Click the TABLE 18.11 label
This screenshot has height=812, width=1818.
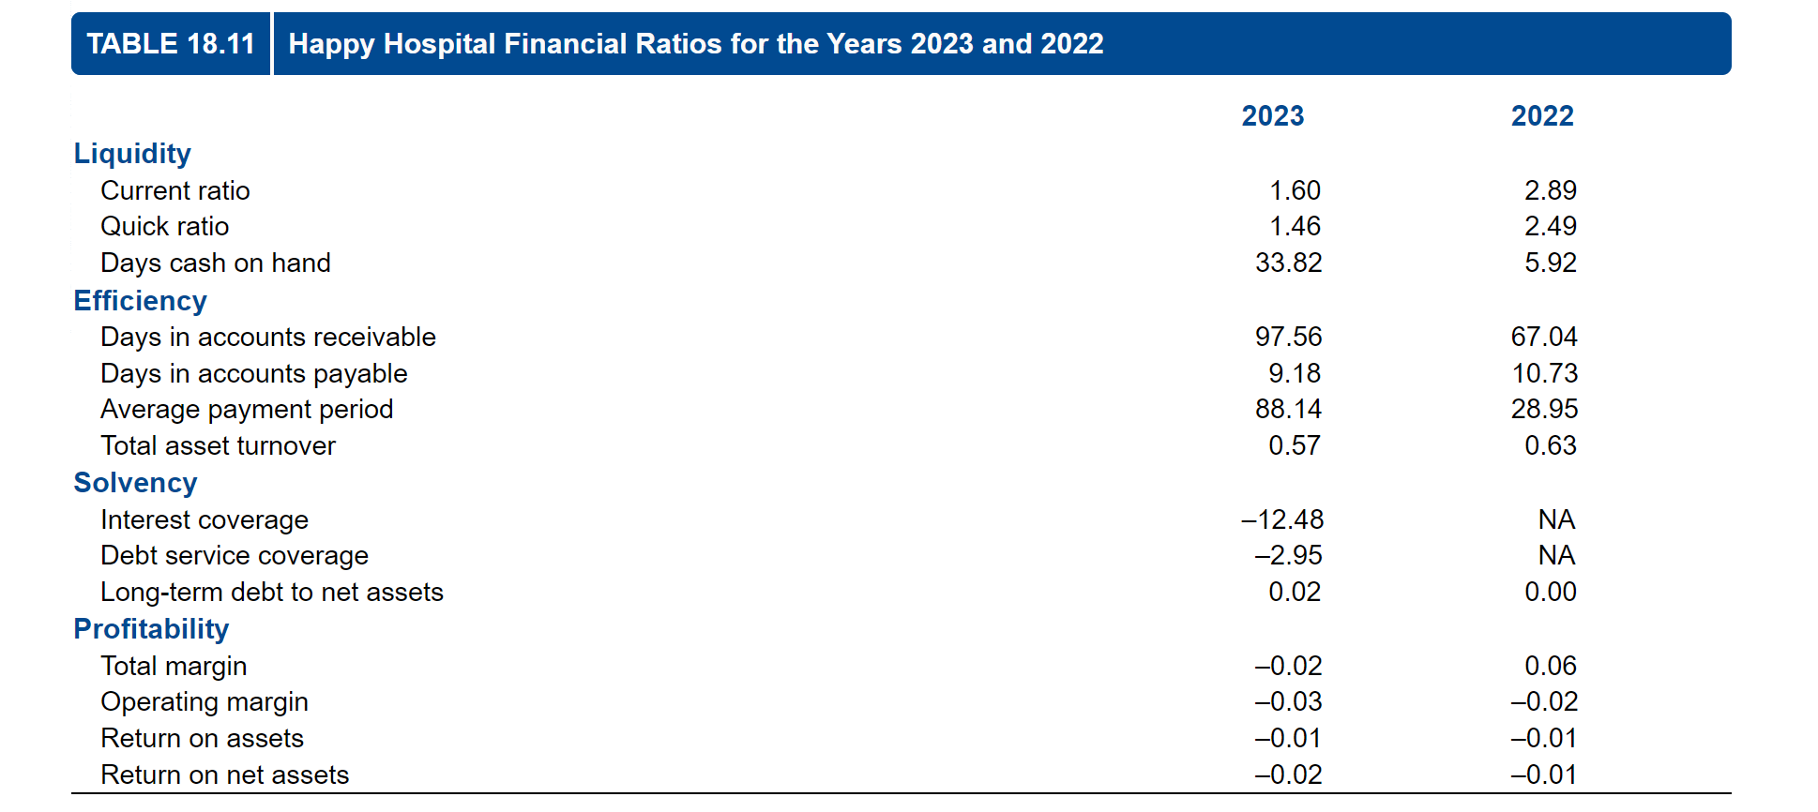click(x=171, y=44)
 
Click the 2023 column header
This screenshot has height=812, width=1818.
click(x=1272, y=116)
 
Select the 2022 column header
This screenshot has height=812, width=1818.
click(x=1541, y=116)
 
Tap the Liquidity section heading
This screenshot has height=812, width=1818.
click(x=132, y=154)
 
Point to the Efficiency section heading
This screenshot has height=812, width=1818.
click(x=140, y=301)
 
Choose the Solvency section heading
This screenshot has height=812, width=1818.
click(x=135, y=483)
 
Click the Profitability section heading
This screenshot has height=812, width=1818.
click(x=151, y=629)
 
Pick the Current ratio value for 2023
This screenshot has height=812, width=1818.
click(x=1294, y=191)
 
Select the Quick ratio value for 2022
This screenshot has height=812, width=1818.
click(x=1550, y=227)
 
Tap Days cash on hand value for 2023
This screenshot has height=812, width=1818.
click(x=1288, y=263)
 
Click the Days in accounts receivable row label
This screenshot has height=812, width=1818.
click(x=267, y=338)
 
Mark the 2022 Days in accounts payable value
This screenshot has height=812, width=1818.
click(x=1544, y=374)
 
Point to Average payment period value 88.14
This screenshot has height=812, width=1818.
click(x=1288, y=410)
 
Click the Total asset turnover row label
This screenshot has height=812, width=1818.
click(x=218, y=446)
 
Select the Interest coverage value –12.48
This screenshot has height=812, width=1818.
click(x=1282, y=520)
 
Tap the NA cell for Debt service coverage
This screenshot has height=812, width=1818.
click(x=1556, y=556)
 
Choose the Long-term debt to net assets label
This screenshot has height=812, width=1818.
click(x=271, y=593)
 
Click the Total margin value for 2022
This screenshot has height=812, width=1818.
click(x=1550, y=667)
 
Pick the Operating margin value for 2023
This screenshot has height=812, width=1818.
click(x=1288, y=702)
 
